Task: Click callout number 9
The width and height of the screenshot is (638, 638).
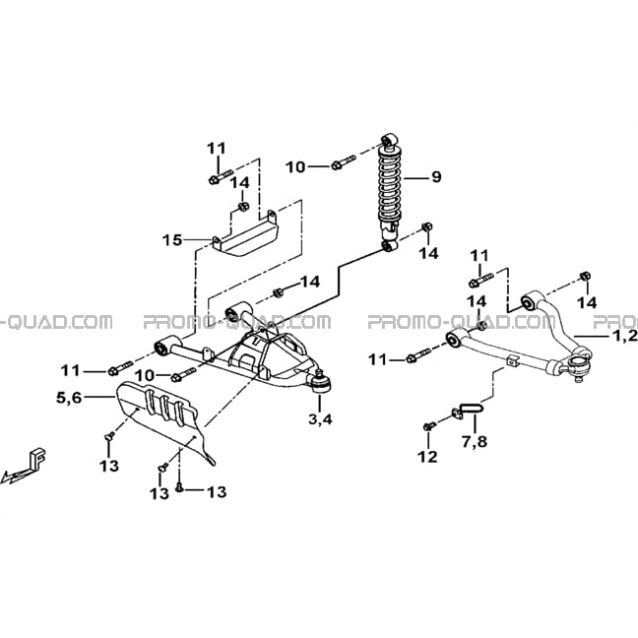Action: (436, 177)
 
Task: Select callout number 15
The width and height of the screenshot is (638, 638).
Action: (172, 240)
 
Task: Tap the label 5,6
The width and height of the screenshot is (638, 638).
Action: (69, 397)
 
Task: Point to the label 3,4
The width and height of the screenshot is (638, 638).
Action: (320, 418)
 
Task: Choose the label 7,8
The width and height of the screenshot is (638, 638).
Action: (475, 441)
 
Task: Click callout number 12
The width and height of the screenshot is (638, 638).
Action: (427, 457)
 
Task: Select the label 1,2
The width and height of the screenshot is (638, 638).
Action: (625, 336)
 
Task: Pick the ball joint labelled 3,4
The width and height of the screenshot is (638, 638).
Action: (321, 382)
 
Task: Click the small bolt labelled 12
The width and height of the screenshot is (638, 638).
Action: (429, 426)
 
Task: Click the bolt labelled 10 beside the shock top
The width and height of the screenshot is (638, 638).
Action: (344, 161)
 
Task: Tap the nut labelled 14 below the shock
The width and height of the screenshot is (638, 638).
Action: (427, 227)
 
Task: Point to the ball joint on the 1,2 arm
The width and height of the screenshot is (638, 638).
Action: (578, 362)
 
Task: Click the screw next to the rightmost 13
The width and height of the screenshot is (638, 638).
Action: (179, 487)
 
